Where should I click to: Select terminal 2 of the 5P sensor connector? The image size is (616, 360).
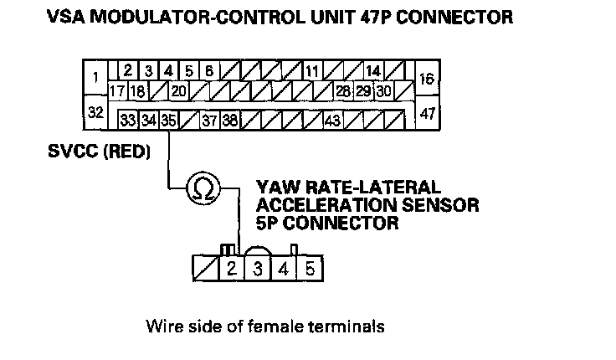[232, 270]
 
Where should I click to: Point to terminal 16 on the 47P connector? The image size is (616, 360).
[427, 80]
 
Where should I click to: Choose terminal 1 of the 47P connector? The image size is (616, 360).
[95, 79]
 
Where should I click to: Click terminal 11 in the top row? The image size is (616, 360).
[311, 71]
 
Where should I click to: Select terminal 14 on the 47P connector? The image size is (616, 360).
[373, 71]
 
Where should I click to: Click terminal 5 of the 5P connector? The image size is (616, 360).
[310, 270]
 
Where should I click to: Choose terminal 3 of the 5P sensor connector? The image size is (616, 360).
[259, 270]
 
